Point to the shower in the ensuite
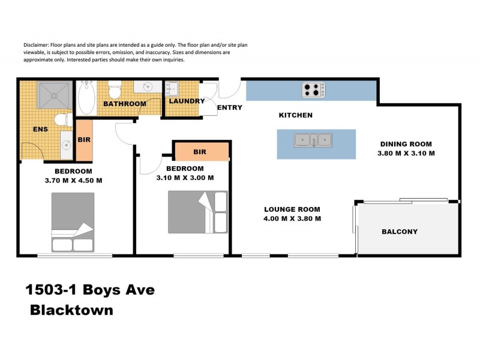[x=54, y=95]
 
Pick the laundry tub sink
[x=173, y=89]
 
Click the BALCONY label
[x=400, y=232]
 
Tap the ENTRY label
[x=229, y=108]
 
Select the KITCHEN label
[x=296, y=115]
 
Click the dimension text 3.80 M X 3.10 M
[x=406, y=153]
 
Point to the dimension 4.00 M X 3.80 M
[x=292, y=218]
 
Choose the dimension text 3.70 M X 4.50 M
[x=73, y=180]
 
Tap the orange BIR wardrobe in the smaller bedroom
[x=201, y=152]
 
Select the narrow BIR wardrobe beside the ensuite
[x=84, y=140]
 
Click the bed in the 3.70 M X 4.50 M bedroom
[x=73, y=221]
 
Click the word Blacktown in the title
[x=71, y=311]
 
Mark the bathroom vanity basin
[x=145, y=88]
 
